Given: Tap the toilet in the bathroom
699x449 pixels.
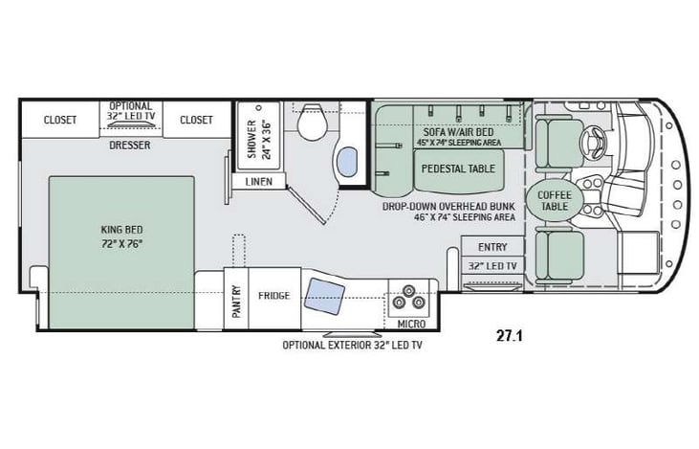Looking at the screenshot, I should (310, 122).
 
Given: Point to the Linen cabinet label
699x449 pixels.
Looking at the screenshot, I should (258, 180).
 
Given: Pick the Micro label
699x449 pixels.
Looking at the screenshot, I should (411, 325).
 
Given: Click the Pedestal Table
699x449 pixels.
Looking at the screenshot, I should (455, 168).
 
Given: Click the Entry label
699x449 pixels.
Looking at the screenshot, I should (492, 247).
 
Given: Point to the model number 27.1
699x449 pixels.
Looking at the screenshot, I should (511, 335).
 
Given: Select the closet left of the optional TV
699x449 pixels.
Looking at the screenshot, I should (60, 120).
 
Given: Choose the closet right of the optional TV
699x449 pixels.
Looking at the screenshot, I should (196, 120).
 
